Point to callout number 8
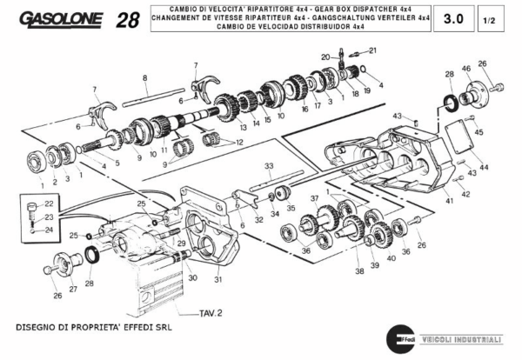(146, 78)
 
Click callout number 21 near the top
(362, 51)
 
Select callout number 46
(466, 69)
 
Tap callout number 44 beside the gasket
(484, 166)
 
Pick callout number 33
(269, 165)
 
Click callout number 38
(359, 271)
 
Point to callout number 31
(219, 279)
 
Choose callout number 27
(73, 288)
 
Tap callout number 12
(239, 141)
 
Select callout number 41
(450, 201)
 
